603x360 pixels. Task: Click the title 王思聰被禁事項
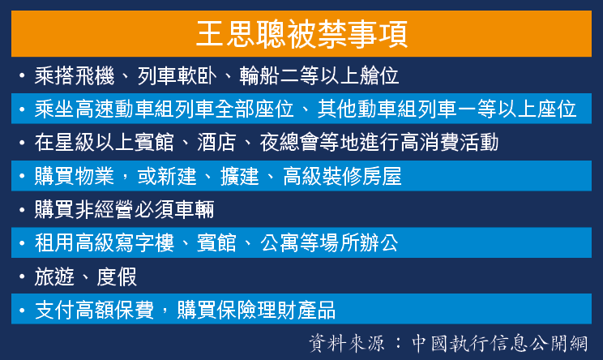coord(301,34)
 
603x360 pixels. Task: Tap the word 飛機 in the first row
coord(95,75)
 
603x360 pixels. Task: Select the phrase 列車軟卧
coord(177,75)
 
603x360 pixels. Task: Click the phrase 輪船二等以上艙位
coord(319,75)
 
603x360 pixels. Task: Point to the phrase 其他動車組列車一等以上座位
coord(447,109)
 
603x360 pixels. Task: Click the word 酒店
coord(216,143)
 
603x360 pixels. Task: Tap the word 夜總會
coord(289,143)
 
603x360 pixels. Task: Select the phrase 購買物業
coord(75,176)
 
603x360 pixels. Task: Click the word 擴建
coord(240,176)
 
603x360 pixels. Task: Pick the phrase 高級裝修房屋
coord(342,176)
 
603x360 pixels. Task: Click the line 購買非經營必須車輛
coord(124,210)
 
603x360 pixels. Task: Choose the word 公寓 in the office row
coord(280,243)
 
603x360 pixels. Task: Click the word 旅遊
coord(54,276)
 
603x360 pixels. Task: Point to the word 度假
coord(117,276)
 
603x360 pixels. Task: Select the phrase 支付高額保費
coord(94,310)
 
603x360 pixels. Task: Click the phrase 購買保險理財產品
coord(256,310)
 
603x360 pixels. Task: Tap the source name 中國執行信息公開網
coord(499,343)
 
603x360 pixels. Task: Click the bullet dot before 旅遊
coord(22,276)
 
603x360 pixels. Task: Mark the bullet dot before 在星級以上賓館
coord(22,143)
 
